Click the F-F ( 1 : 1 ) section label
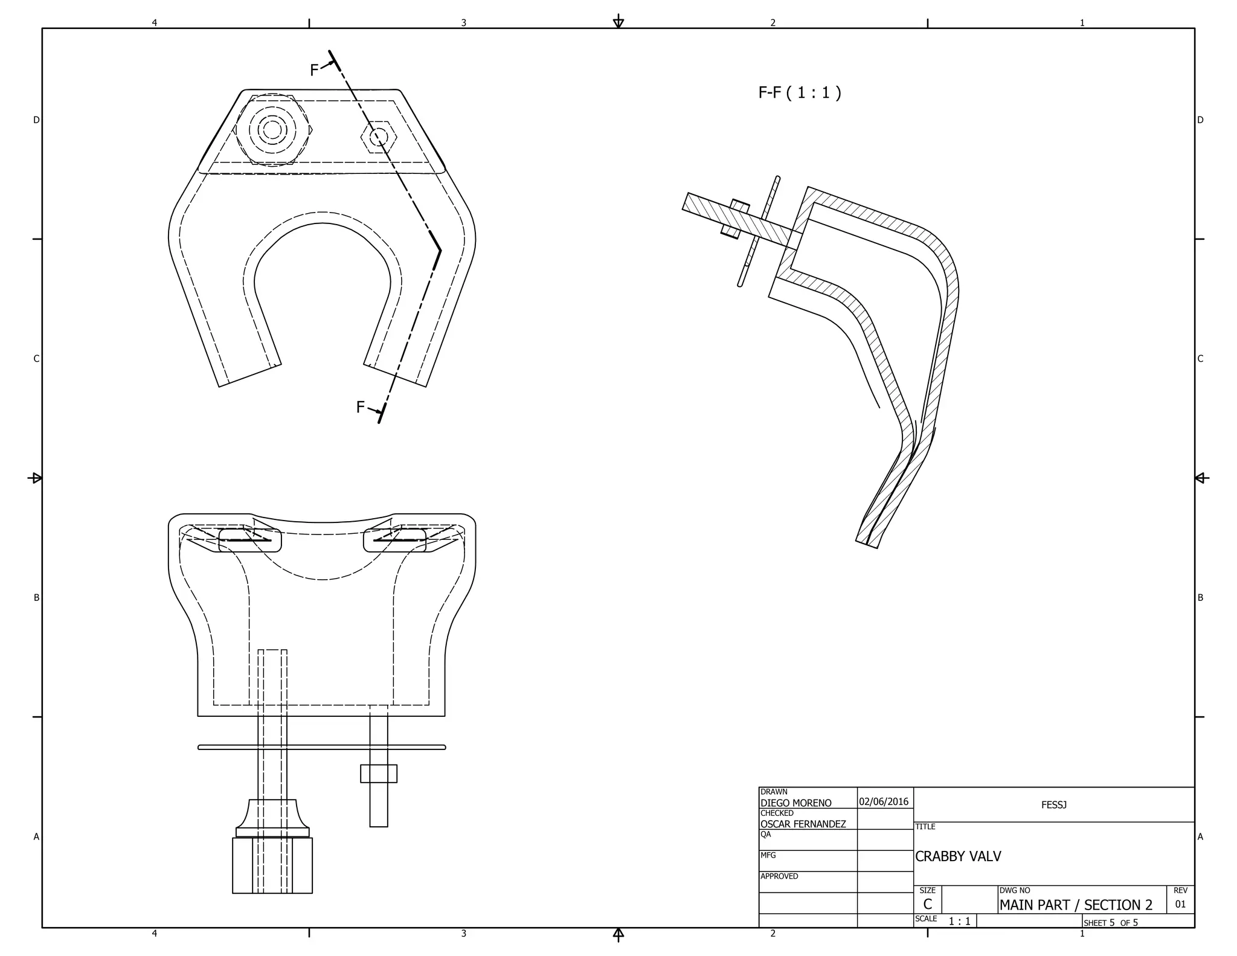(799, 92)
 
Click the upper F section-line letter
(314, 70)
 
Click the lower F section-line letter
(360, 408)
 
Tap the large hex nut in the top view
(272, 130)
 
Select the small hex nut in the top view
(379, 137)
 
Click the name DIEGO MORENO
(795, 803)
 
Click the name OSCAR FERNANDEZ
(803, 824)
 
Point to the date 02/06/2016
(883, 802)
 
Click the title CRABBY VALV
(958, 856)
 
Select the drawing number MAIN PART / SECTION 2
(1076, 905)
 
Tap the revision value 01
(1180, 905)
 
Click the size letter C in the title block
(927, 905)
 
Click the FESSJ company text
(1053, 805)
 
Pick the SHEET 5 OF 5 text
(1110, 923)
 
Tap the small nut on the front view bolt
(379, 774)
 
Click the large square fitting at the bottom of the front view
(272, 865)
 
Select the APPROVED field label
(779, 876)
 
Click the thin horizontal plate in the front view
(322, 748)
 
